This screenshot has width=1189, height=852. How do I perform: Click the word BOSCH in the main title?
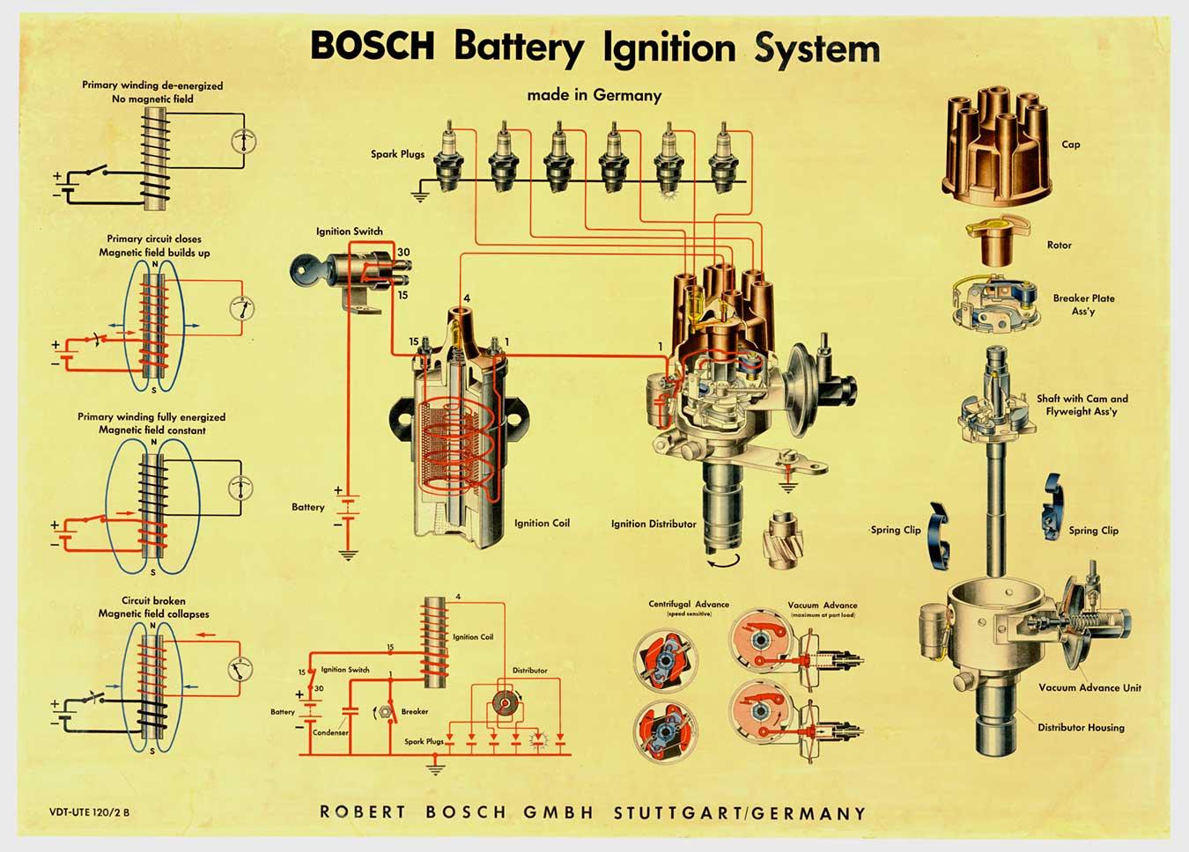372,47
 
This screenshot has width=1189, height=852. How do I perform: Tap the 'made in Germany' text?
594,95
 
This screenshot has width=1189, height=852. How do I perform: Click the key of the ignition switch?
302,268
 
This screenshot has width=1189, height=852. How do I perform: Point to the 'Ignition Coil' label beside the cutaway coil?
542,523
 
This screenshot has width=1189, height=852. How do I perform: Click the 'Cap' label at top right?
1070,144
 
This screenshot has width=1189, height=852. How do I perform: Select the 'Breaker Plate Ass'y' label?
1083,305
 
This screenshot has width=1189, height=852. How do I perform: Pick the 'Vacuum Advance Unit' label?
1089,687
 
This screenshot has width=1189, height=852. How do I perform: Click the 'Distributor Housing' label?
1081,727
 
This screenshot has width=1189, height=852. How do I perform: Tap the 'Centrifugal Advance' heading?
689,605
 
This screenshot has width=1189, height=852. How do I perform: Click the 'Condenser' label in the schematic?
330,732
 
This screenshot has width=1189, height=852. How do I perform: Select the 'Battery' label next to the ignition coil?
308,507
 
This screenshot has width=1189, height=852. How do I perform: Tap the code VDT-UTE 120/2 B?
90,812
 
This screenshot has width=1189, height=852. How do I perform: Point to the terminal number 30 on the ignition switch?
403,253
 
